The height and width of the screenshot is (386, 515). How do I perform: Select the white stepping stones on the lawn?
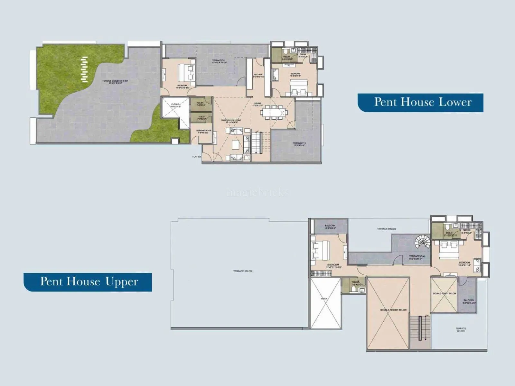84,69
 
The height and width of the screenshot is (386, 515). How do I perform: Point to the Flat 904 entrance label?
197,157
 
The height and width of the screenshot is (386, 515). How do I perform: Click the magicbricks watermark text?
257,193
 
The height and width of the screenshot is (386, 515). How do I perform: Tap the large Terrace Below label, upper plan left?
243,271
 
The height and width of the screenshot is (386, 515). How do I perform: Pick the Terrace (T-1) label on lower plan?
299,144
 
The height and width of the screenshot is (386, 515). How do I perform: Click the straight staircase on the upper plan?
420,328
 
